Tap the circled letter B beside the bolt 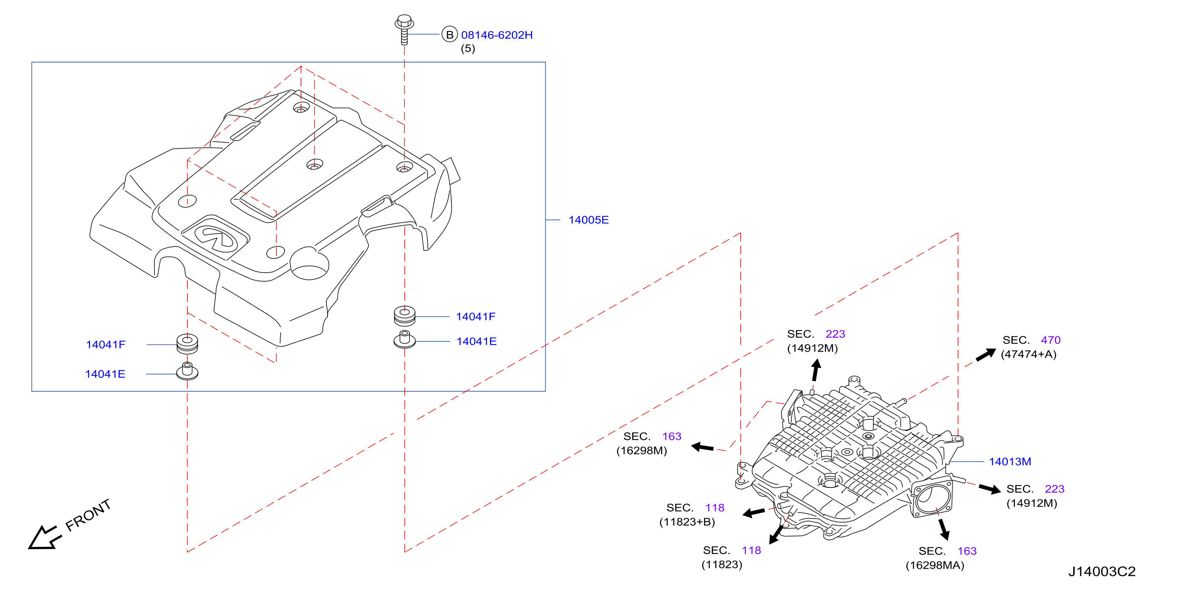pos(450,34)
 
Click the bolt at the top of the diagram pos(404,29)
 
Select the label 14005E pos(589,220)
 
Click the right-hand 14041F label pos(476,317)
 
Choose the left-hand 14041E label pos(105,374)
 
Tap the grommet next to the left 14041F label pos(187,344)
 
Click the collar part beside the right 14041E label pos(405,340)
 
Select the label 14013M pos(1010,462)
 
